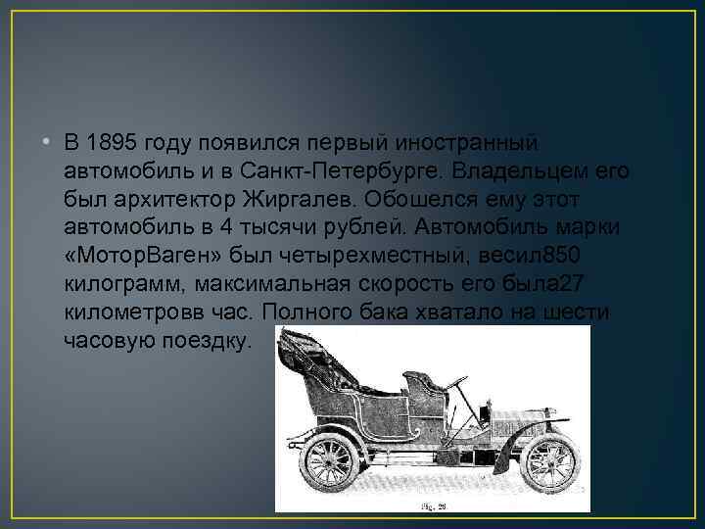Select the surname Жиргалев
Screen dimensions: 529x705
pos(294,200)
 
